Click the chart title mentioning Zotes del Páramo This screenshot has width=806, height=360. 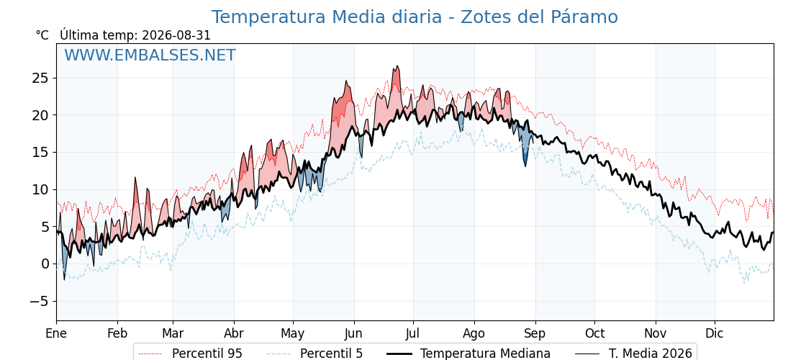pos(415,17)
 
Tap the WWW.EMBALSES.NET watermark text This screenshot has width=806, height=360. pos(150,55)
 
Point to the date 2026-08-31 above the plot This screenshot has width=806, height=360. pos(176,35)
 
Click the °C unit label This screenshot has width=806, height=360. pos(42,35)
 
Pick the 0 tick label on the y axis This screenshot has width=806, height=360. pos(44,264)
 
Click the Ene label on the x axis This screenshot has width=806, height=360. pos(56,333)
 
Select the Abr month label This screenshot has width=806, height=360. pos(234,333)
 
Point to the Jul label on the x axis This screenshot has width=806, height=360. pos(413,333)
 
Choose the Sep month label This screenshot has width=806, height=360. pos(535,333)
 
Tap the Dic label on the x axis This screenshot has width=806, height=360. pos(715,333)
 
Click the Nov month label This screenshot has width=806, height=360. pos(656,333)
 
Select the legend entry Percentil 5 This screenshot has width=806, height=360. pos(314,354)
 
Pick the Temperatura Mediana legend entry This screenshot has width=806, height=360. pos(468,354)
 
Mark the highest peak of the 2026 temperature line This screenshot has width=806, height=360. pos(396,66)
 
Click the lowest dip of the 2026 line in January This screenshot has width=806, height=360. pos(64,279)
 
